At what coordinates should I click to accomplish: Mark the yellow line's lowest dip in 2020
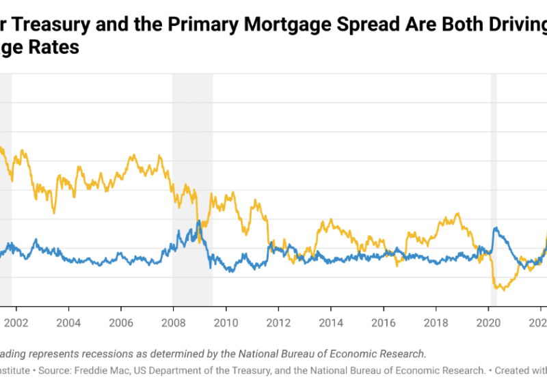click(504, 290)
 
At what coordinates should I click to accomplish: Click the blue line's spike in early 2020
click(494, 228)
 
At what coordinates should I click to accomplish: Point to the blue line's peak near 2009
click(198, 221)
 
